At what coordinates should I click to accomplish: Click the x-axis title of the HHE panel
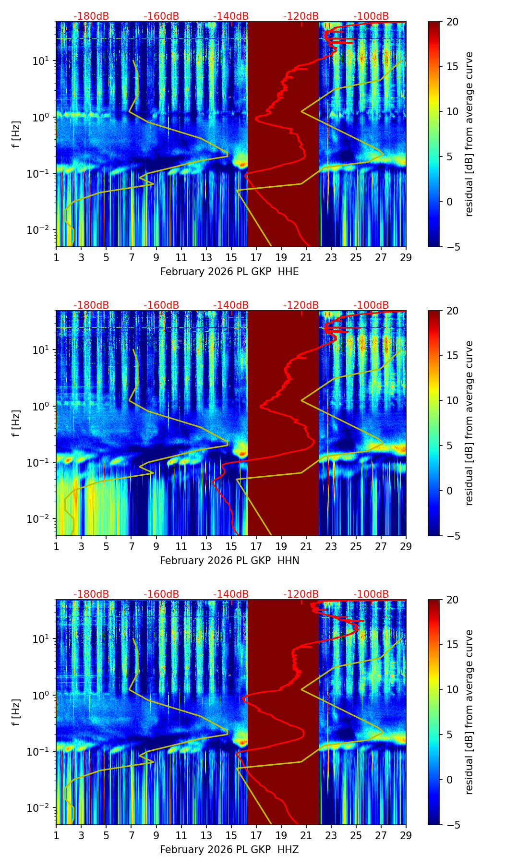point(229,272)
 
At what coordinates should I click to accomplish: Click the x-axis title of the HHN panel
point(229,561)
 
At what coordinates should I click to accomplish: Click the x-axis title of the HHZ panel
point(229,850)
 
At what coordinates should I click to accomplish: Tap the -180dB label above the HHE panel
point(91,16)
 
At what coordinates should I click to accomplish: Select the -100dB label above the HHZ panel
point(371,594)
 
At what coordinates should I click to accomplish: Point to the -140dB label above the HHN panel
point(231,305)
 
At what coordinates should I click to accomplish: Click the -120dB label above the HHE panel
point(301,16)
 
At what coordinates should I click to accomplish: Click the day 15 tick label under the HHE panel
point(231,258)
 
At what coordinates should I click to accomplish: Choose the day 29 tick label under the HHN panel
point(406,547)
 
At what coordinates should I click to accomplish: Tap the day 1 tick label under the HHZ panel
point(56,836)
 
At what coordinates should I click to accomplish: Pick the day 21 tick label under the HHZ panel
point(306,836)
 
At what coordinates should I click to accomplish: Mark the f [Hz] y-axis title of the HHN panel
point(16,423)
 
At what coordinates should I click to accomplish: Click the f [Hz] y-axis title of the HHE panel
point(16,134)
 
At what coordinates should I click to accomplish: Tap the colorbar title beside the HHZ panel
point(469,712)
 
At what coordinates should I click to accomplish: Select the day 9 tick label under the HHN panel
point(156,547)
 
